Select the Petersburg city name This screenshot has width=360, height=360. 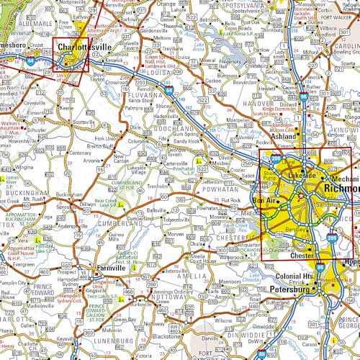click(x=293, y=289)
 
